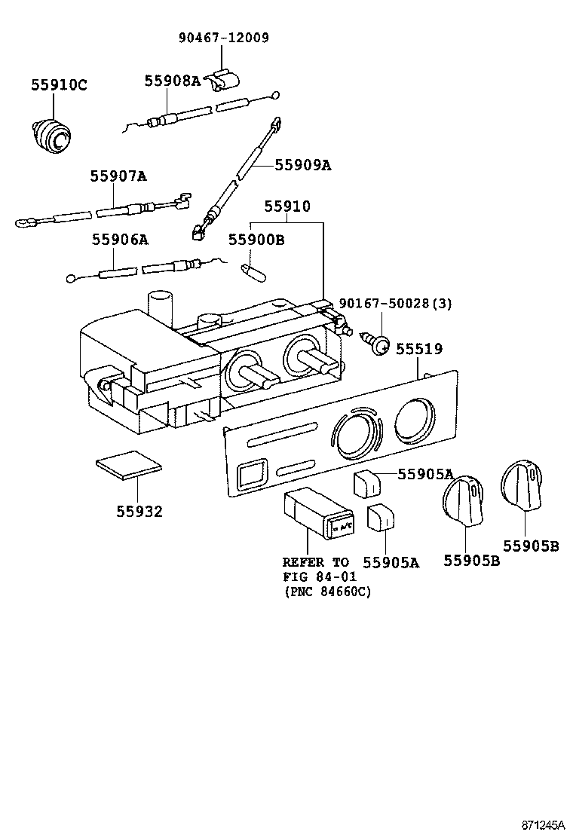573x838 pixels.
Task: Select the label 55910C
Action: pos(59,85)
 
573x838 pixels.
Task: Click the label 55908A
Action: pos(173,80)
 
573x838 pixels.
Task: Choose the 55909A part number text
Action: pos(302,164)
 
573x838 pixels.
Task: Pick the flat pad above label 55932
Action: pos(127,466)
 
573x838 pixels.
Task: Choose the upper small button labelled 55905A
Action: pos(367,482)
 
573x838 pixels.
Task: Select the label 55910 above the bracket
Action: pos(286,206)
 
